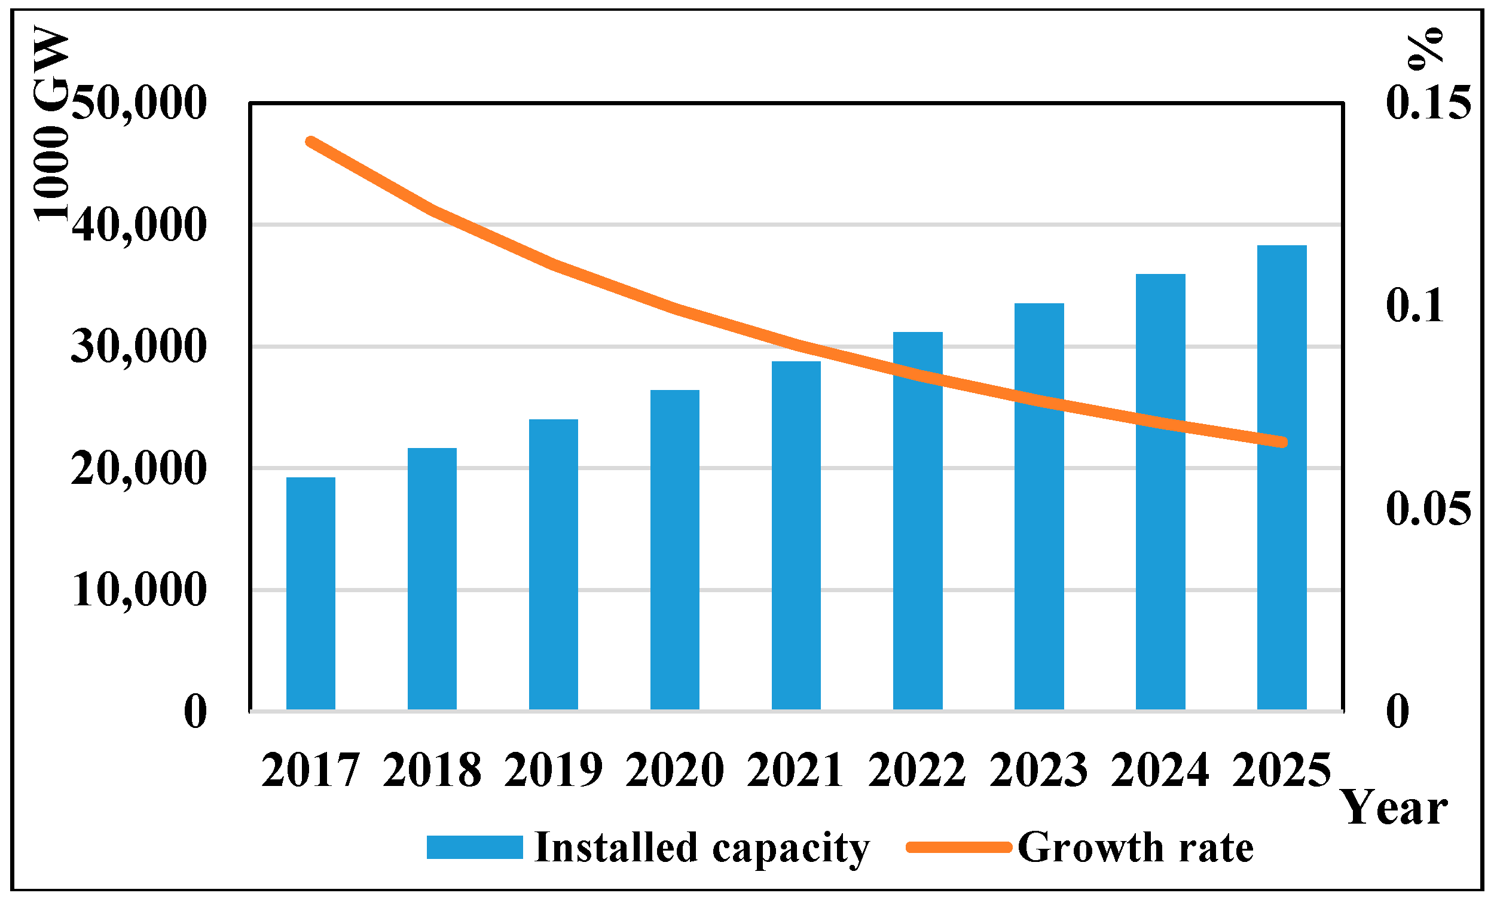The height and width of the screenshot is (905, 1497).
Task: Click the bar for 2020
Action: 674,550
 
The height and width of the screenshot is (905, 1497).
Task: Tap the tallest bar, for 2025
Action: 1281,477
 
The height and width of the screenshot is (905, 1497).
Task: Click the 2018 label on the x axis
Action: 432,770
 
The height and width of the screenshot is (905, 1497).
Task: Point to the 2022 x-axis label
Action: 916,770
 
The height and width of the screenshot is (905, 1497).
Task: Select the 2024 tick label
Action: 1160,770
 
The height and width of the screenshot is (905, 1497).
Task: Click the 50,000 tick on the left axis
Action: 139,103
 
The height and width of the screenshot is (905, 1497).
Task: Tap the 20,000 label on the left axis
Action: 139,468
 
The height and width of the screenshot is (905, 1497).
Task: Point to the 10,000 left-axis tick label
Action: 139,590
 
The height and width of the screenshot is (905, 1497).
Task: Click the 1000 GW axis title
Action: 51,121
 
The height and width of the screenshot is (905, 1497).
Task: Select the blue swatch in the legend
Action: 475,847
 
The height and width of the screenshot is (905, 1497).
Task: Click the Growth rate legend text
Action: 1135,847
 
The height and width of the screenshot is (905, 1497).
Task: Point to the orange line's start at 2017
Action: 310,142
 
